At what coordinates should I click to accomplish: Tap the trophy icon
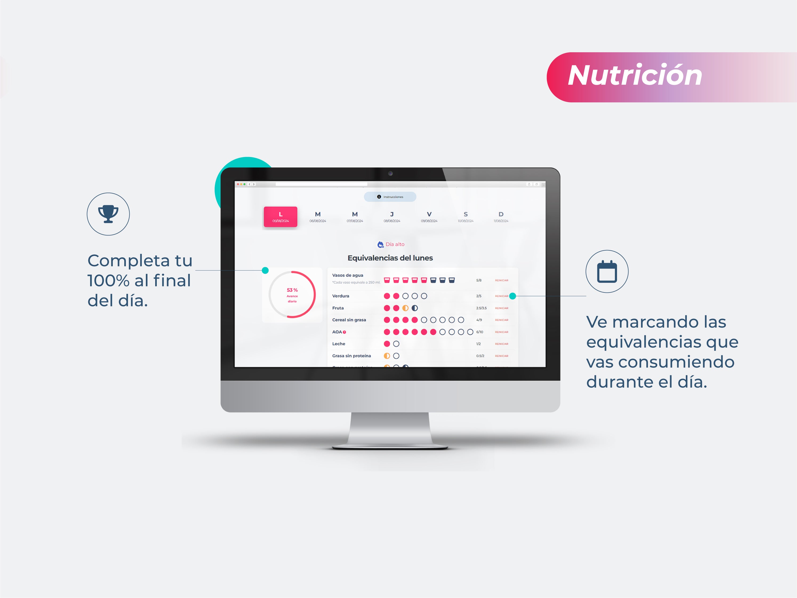pos(108,214)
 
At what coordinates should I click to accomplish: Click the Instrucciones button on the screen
pos(390,197)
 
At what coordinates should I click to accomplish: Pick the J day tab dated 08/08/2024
pos(392,217)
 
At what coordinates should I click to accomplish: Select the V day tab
pos(429,217)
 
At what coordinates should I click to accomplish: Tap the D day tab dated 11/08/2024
pos(501,217)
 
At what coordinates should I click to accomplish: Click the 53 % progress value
pos(292,290)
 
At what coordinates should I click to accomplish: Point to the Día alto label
pos(395,244)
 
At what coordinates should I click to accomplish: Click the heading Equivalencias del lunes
pos(390,258)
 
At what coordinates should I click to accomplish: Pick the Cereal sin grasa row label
pos(349,320)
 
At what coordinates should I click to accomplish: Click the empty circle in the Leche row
pos(396,344)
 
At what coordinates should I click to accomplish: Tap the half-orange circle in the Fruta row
pos(405,308)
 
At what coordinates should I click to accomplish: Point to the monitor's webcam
pos(390,174)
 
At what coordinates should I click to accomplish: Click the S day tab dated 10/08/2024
pos(466,217)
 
